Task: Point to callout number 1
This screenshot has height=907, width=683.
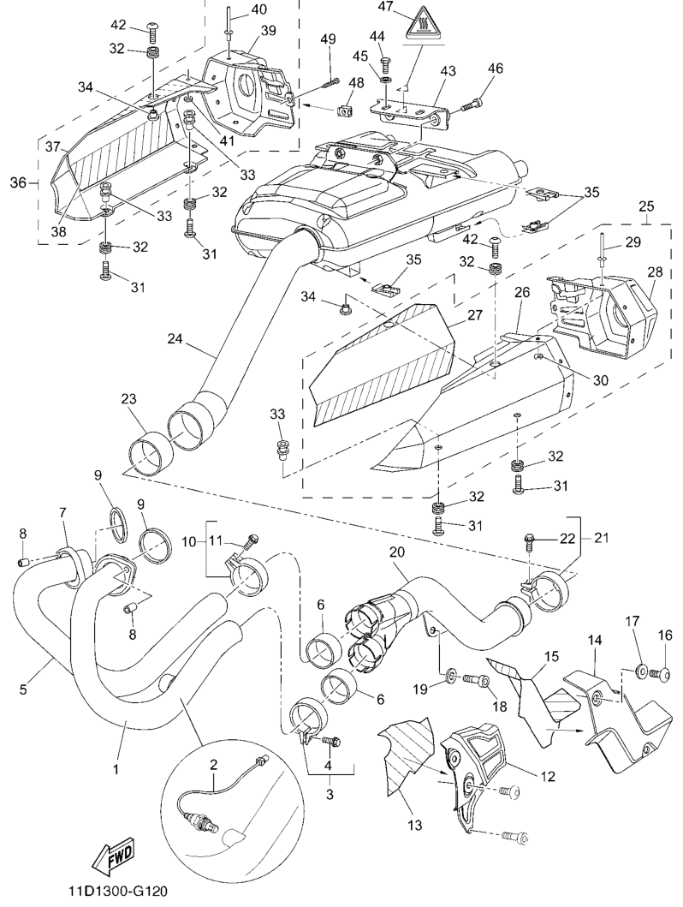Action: [115, 768]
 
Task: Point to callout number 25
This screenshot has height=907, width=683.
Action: [647, 206]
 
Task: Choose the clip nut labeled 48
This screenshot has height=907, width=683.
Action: [347, 110]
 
